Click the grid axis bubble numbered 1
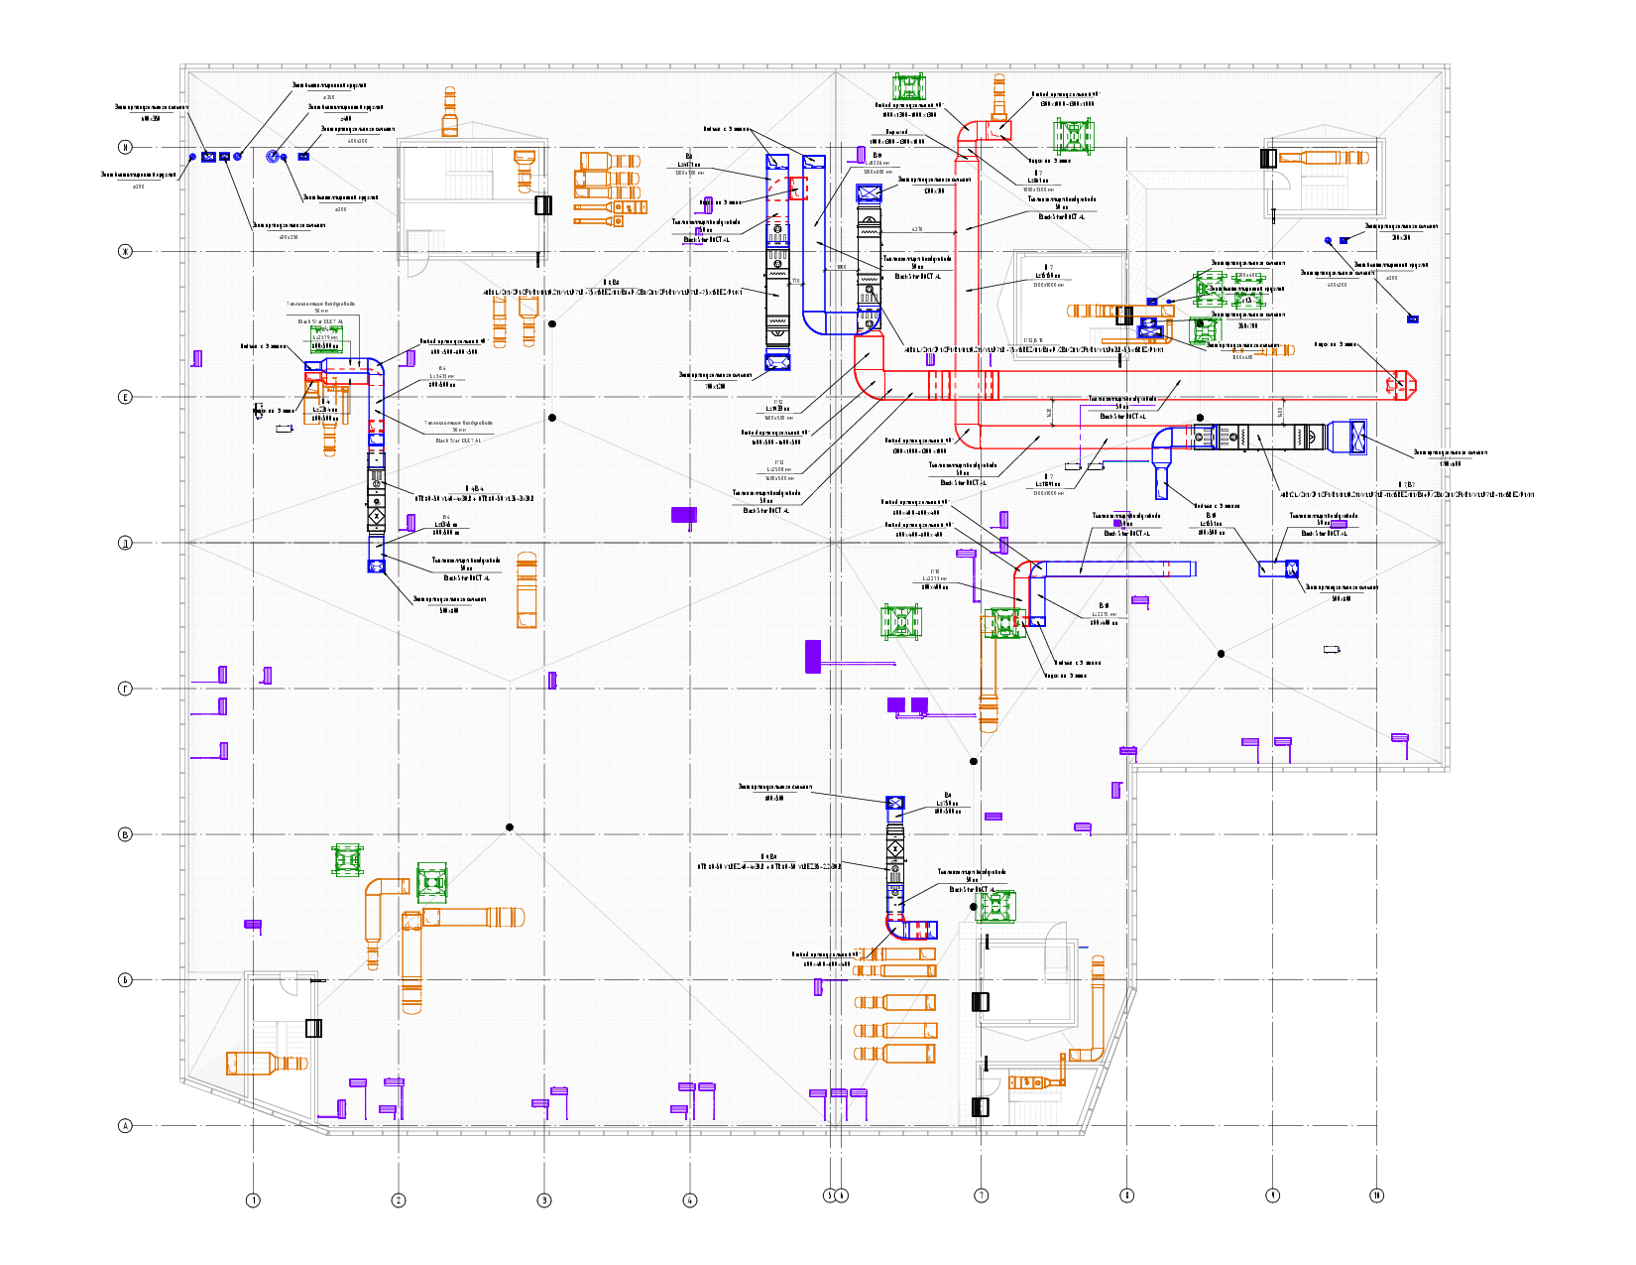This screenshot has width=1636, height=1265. pos(253,1201)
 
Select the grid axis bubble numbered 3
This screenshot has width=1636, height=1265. pos(544,1201)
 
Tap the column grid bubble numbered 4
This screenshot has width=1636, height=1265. pos(690,1201)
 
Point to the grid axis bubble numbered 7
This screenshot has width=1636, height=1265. pos(982,1196)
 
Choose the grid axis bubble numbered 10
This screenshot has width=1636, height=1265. pos(1377,1196)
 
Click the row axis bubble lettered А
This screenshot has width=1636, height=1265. pos(125,1126)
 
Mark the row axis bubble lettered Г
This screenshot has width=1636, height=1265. pos(125,689)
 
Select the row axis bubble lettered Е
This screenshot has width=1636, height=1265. pos(125,397)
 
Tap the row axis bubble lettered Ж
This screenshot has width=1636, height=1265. pos(125,252)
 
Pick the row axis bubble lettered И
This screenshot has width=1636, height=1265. pos(125,148)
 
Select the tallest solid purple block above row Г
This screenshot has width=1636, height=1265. pos(812,657)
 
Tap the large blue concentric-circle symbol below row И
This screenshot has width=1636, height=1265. pos(273,157)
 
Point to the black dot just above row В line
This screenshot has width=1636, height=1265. pos(510,827)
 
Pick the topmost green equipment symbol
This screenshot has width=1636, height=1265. pos(908,87)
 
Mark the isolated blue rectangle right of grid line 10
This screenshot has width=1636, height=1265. pos(1413,319)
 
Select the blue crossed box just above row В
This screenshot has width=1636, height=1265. pos(894,804)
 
